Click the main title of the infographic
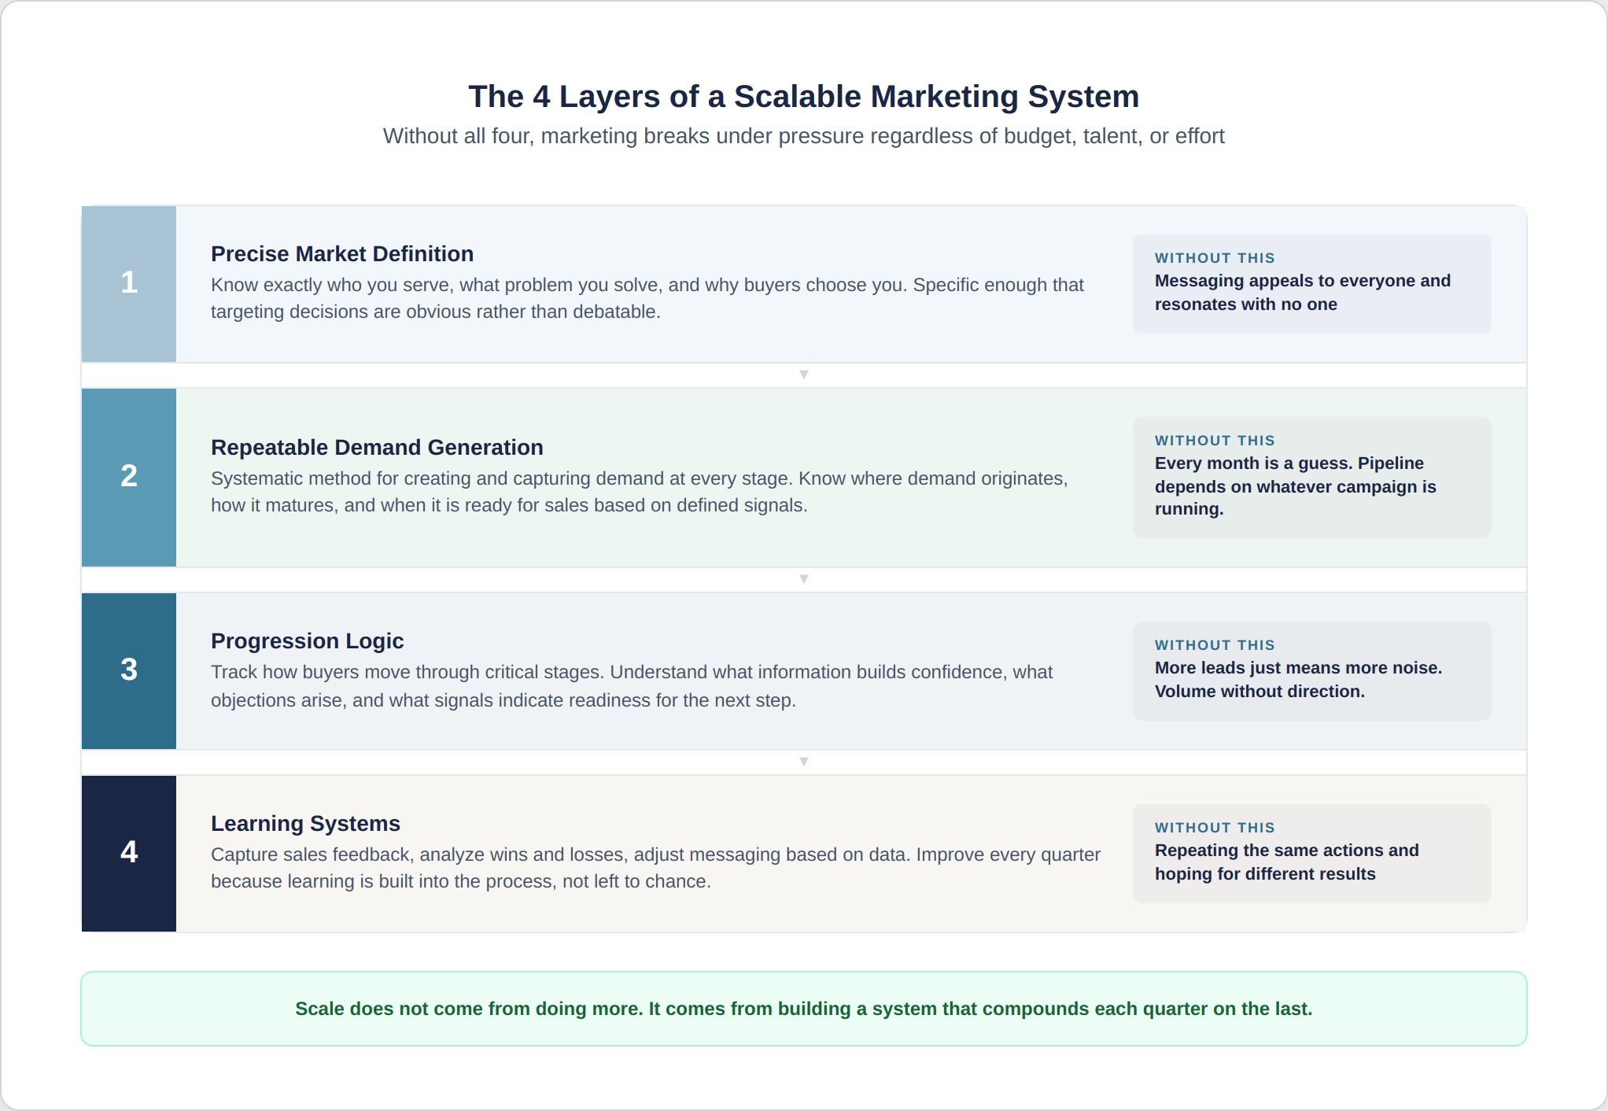tap(803, 97)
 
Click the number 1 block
tap(129, 283)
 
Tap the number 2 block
tap(129, 477)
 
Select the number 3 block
tap(129, 670)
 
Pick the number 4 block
tap(129, 853)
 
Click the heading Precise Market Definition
tap(342, 254)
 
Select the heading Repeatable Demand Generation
tap(377, 448)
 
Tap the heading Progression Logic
tap(307, 641)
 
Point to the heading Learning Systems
tap(305, 824)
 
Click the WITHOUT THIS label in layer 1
tap(1214, 258)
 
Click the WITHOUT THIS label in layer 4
tap(1214, 828)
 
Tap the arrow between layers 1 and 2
tap(803, 375)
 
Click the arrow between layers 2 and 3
tap(803, 579)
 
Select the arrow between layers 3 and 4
tap(803, 762)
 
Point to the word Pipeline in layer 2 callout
tap(1390, 463)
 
